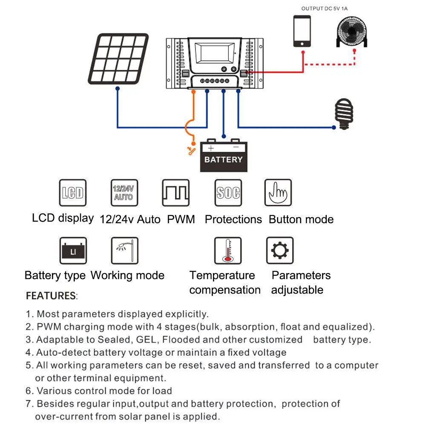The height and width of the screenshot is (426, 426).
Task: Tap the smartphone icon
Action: tap(302, 31)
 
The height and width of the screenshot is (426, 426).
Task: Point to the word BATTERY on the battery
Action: tap(223, 160)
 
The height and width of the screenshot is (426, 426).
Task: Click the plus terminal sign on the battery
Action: tap(211, 148)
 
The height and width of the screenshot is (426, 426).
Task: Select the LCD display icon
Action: tap(73, 193)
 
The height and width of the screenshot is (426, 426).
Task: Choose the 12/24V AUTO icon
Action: tap(124, 193)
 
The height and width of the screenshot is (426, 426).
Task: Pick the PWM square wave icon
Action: tap(176, 193)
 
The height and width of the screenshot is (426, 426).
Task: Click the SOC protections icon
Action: tap(228, 193)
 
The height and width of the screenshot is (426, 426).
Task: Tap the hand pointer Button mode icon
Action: tap(278, 193)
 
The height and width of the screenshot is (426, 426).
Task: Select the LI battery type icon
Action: tap(73, 251)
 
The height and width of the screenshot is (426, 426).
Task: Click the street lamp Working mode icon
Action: tap(125, 251)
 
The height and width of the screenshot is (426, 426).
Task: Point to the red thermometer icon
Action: tap(228, 251)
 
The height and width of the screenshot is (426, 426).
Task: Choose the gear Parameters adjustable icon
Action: tap(280, 251)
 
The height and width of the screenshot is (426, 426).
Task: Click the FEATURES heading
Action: tap(51, 296)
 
